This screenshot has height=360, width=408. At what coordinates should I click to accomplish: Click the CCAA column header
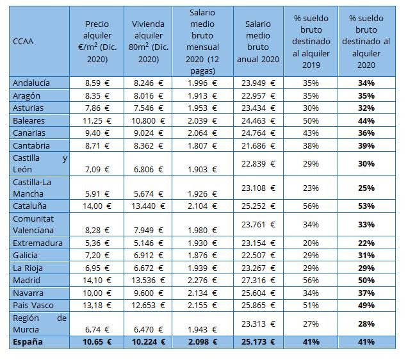tap(23, 42)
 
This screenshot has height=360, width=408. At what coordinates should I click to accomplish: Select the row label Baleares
tap(29, 120)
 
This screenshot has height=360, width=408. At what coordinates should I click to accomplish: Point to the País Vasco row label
tap(33, 304)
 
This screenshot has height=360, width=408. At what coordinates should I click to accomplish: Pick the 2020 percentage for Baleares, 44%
tap(366, 120)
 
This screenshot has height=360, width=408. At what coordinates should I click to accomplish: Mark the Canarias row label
tap(29, 133)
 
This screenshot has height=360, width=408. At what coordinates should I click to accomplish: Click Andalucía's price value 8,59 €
tap(97, 83)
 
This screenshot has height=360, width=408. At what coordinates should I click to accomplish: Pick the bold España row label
tap(28, 341)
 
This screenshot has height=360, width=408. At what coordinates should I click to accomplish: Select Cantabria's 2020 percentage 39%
tap(366, 145)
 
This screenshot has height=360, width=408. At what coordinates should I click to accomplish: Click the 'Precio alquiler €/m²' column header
tap(97, 42)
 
